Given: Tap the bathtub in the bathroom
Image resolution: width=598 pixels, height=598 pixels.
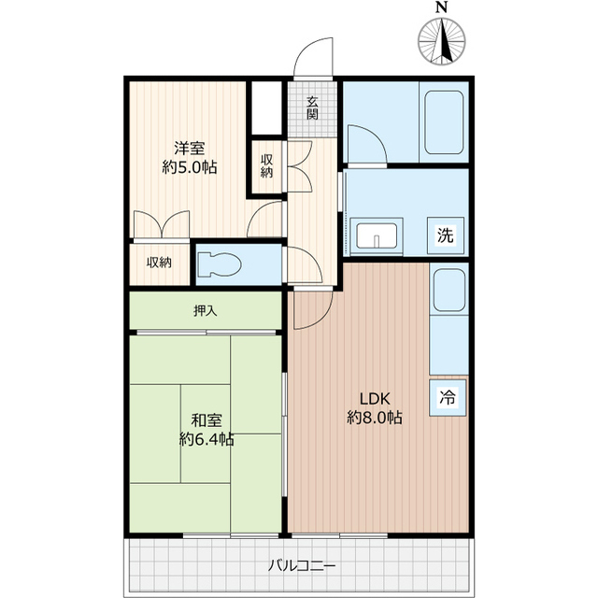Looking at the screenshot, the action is (x=444, y=122).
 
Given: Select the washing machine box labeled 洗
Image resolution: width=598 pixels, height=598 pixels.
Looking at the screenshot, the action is (x=446, y=235).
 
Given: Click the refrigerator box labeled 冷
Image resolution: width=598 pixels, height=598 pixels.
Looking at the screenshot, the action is (x=448, y=397).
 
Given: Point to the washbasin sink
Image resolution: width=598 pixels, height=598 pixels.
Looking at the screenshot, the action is (x=377, y=235).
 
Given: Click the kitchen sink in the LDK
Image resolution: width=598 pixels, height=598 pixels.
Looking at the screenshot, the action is (x=449, y=291).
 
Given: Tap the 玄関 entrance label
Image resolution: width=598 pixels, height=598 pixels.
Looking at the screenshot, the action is (x=312, y=108).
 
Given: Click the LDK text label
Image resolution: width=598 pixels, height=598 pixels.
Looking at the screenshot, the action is (x=375, y=399).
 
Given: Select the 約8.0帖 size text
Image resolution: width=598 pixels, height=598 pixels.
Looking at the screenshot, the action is (x=375, y=418).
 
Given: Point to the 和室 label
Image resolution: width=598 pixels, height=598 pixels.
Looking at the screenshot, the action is (x=206, y=420).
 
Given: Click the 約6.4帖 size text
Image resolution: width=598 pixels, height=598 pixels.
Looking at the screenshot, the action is (x=206, y=439).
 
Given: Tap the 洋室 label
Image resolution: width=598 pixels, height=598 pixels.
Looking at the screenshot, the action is (x=190, y=148).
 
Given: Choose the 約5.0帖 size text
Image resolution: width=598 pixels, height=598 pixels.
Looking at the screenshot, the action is (x=190, y=167).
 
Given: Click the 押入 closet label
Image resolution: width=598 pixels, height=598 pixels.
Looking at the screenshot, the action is (x=206, y=311).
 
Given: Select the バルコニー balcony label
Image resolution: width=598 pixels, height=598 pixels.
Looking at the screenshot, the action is (x=301, y=565).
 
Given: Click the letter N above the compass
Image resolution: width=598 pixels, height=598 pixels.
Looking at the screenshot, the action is (x=442, y=7).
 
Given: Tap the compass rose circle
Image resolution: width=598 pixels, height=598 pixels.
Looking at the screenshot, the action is (x=442, y=41).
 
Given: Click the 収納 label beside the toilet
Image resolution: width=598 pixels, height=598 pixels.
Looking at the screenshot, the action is (x=159, y=263).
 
